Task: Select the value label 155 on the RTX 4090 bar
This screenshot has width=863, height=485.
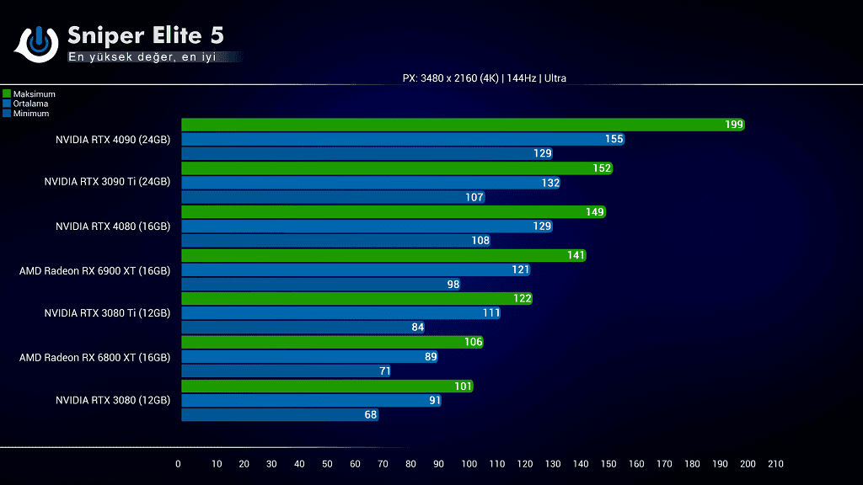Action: click(614, 139)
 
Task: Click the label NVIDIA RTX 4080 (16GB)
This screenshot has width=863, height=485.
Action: click(113, 227)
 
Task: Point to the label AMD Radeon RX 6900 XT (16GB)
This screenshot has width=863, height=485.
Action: click(94, 270)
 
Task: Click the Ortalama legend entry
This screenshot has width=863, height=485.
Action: click(30, 104)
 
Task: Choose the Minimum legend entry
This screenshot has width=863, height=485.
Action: click(30, 113)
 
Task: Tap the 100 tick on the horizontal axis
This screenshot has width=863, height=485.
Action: click(469, 464)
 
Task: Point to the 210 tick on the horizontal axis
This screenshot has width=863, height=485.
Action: click(775, 464)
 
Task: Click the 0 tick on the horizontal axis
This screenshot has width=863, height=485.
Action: click(178, 464)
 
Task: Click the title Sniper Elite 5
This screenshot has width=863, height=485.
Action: click(145, 35)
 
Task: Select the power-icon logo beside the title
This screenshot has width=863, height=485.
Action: click(35, 43)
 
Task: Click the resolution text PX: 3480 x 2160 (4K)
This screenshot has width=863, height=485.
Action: click(450, 78)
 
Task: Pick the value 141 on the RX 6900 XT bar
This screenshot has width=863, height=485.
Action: click(576, 255)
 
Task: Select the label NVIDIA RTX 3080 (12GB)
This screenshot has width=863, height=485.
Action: click(113, 400)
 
